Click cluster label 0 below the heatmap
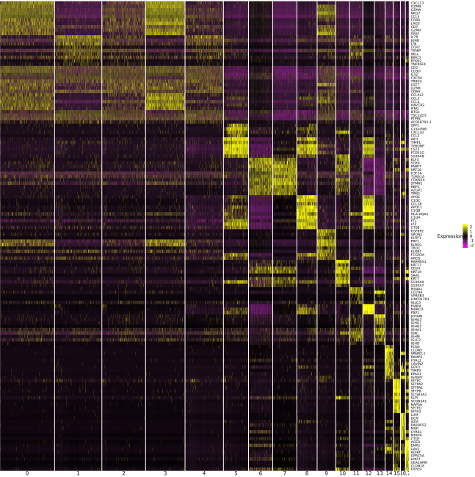(x=27, y=473)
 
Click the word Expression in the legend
(x=449, y=236)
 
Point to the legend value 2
(x=471, y=226)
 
